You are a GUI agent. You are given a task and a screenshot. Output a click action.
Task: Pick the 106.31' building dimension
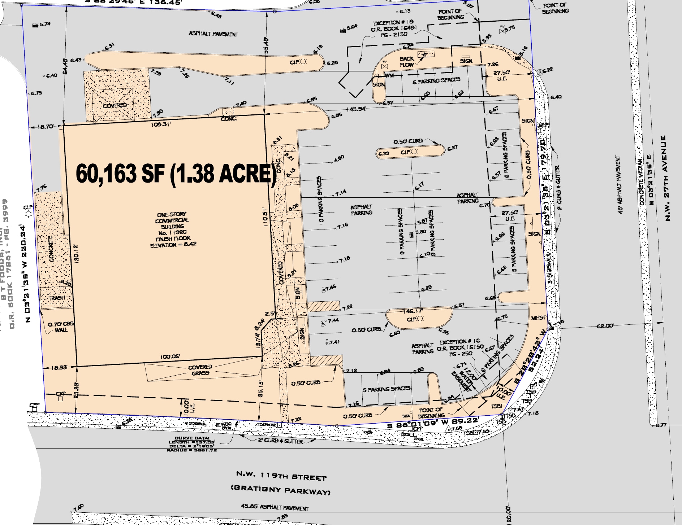click(161, 124)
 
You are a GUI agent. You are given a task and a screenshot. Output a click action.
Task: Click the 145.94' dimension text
click(357, 109)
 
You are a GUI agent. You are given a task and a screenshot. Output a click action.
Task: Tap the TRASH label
click(57, 298)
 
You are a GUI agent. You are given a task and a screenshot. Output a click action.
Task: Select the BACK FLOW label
click(407, 62)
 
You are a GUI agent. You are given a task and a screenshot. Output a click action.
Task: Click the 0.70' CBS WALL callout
click(61, 327)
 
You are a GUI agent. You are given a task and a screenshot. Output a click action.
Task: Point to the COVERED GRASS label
click(200, 370)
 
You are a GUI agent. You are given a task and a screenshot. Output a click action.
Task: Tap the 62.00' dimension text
click(605, 326)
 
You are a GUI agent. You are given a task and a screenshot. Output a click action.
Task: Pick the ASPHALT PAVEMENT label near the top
click(213, 34)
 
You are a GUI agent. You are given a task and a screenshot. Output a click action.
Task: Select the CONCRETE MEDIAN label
click(642, 182)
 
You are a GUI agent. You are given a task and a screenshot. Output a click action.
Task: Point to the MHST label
click(538, 318)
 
